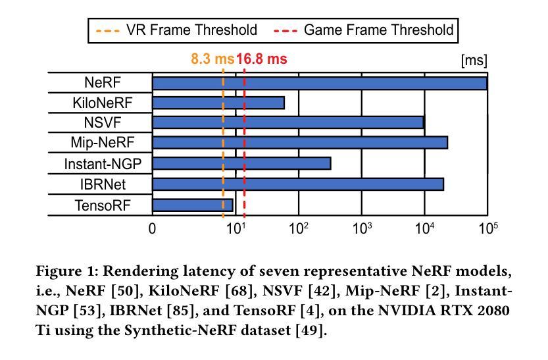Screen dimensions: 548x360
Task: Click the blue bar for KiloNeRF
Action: tap(218, 103)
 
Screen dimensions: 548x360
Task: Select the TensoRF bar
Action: tap(193, 205)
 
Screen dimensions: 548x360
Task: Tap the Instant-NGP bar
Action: tap(241, 163)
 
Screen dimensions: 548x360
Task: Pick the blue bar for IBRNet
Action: tap(298, 184)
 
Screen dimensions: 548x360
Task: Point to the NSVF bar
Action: tap(288, 122)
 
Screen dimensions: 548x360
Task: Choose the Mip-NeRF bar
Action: tap(300, 143)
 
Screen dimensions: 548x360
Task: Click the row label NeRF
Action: tap(103, 83)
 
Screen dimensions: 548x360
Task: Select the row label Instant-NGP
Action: tap(103, 164)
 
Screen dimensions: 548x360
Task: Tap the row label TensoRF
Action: tap(103, 205)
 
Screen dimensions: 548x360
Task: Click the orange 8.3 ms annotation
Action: tap(212, 59)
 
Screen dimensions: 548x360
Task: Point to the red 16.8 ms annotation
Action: tap(262, 59)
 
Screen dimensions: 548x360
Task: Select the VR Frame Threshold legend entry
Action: tap(176, 30)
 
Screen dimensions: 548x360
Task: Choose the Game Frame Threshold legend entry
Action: tap(363, 30)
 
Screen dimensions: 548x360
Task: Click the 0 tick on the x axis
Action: tap(152, 228)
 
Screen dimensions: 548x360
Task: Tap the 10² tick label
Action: tap(299, 228)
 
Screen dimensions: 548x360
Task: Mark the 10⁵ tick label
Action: tap(488, 228)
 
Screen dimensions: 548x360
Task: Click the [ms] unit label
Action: tap(474, 61)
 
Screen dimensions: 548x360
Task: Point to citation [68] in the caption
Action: tap(239, 291)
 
